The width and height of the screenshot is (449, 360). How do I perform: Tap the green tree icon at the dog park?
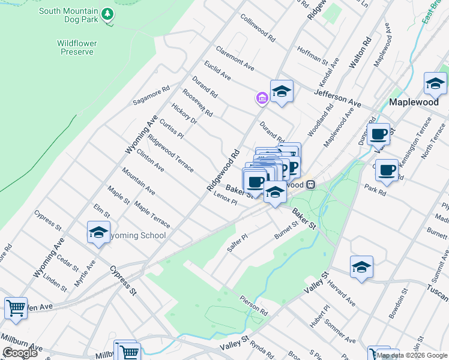(107, 13)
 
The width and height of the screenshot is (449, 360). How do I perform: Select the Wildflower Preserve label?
(76, 47)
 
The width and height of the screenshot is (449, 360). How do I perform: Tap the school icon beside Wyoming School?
(98, 233)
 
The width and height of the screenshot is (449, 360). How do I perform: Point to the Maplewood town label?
(414, 102)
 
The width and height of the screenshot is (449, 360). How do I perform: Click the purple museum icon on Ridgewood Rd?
(261, 98)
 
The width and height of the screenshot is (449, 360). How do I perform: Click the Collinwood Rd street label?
(258, 28)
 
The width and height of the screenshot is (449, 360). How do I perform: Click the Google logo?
(20, 352)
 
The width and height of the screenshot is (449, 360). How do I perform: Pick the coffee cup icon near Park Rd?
(387, 170)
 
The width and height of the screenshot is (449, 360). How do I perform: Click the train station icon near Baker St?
(310, 185)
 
